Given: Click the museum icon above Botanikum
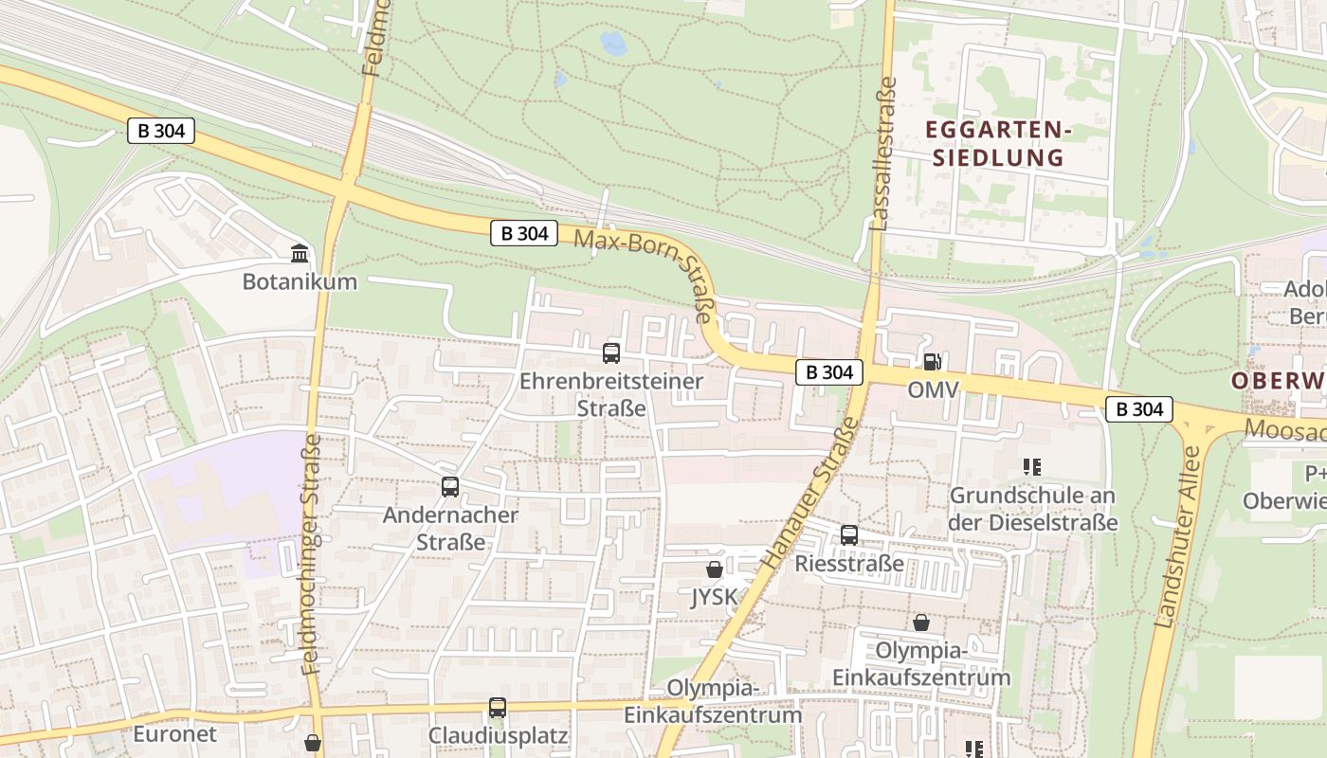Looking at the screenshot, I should tap(300, 253).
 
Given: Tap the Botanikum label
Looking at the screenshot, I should tap(300, 281).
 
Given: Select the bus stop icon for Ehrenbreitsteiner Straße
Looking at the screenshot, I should tap(611, 353).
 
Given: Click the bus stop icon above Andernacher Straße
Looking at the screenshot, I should tap(450, 487).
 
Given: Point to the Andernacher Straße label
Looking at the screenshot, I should tap(450, 529).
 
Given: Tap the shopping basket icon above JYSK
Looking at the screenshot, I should tap(715, 569).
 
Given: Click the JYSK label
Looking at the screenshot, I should tap(715, 598).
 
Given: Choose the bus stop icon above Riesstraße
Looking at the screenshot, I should tap(849, 535).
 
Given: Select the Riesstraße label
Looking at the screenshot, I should tap(849, 564).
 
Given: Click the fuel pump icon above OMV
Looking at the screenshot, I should tap(933, 361).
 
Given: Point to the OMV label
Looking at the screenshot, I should tap(933, 389).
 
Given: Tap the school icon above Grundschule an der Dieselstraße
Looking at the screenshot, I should tap(1033, 466).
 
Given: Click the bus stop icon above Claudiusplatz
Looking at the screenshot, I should tap(498, 707).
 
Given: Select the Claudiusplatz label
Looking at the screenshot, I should tap(498, 735).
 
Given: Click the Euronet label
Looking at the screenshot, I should tap(174, 733).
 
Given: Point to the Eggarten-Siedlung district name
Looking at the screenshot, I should tap(997, 143).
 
